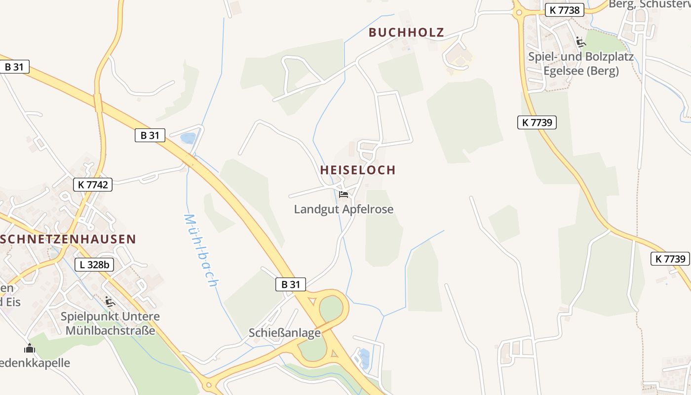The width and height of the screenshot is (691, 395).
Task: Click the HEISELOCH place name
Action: click(358, 170)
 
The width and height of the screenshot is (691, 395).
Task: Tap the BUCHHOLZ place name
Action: click(406, 33)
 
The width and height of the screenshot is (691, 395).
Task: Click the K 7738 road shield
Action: click(565, 10)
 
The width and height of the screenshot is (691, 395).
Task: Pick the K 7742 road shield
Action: click(93, 185)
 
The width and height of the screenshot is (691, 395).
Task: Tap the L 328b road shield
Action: click(94, 265)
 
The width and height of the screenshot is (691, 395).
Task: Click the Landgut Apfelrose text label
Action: click(344, 209)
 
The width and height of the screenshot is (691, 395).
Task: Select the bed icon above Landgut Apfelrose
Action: click(344, 195)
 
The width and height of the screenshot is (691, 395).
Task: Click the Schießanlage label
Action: click(285, 333)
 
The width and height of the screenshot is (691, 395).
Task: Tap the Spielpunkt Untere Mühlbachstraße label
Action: click(110, 323)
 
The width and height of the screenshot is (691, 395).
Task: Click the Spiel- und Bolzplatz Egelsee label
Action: click(581, 64)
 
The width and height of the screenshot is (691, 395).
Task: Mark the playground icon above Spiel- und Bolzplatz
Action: click(581, 42)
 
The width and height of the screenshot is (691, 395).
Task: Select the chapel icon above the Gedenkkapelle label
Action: click(30, 349)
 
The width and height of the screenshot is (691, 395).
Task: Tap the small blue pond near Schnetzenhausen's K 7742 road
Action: click(188, 138)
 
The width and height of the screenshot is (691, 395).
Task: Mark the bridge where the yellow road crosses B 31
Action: click(98, 103)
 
